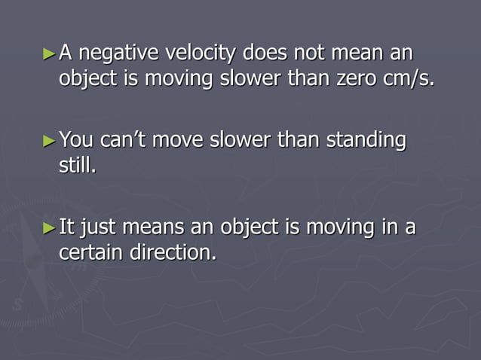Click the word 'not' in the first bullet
(x=311, y=54)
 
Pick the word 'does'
(x=268, y=54)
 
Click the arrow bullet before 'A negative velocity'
(x=50, y=54)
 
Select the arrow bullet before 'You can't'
(x=50, y=140)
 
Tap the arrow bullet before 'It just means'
(x=50, y=227)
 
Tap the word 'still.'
(x=78, y=164)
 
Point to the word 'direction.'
(x=174, y=252)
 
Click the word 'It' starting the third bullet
(x=66, y=227)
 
